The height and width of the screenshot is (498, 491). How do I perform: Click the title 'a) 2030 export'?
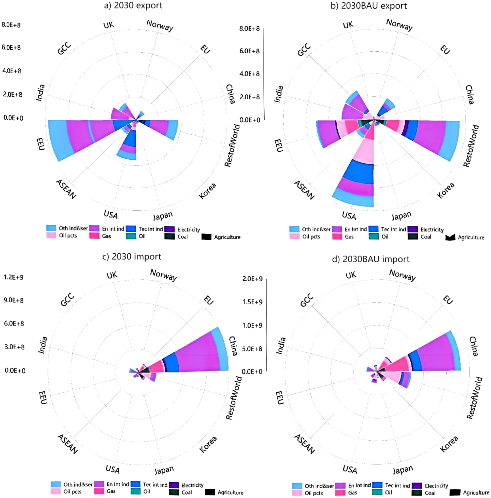(133, 6)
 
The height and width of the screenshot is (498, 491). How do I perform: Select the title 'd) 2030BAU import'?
(370, 259)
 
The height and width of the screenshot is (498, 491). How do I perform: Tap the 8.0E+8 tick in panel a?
(11, 25)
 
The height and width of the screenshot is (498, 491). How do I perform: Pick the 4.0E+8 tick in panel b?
(249, 74)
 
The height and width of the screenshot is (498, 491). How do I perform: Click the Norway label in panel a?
(160, 25)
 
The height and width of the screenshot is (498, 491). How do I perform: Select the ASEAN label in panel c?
(67, 444)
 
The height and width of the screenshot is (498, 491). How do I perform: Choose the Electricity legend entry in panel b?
(432, 229)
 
